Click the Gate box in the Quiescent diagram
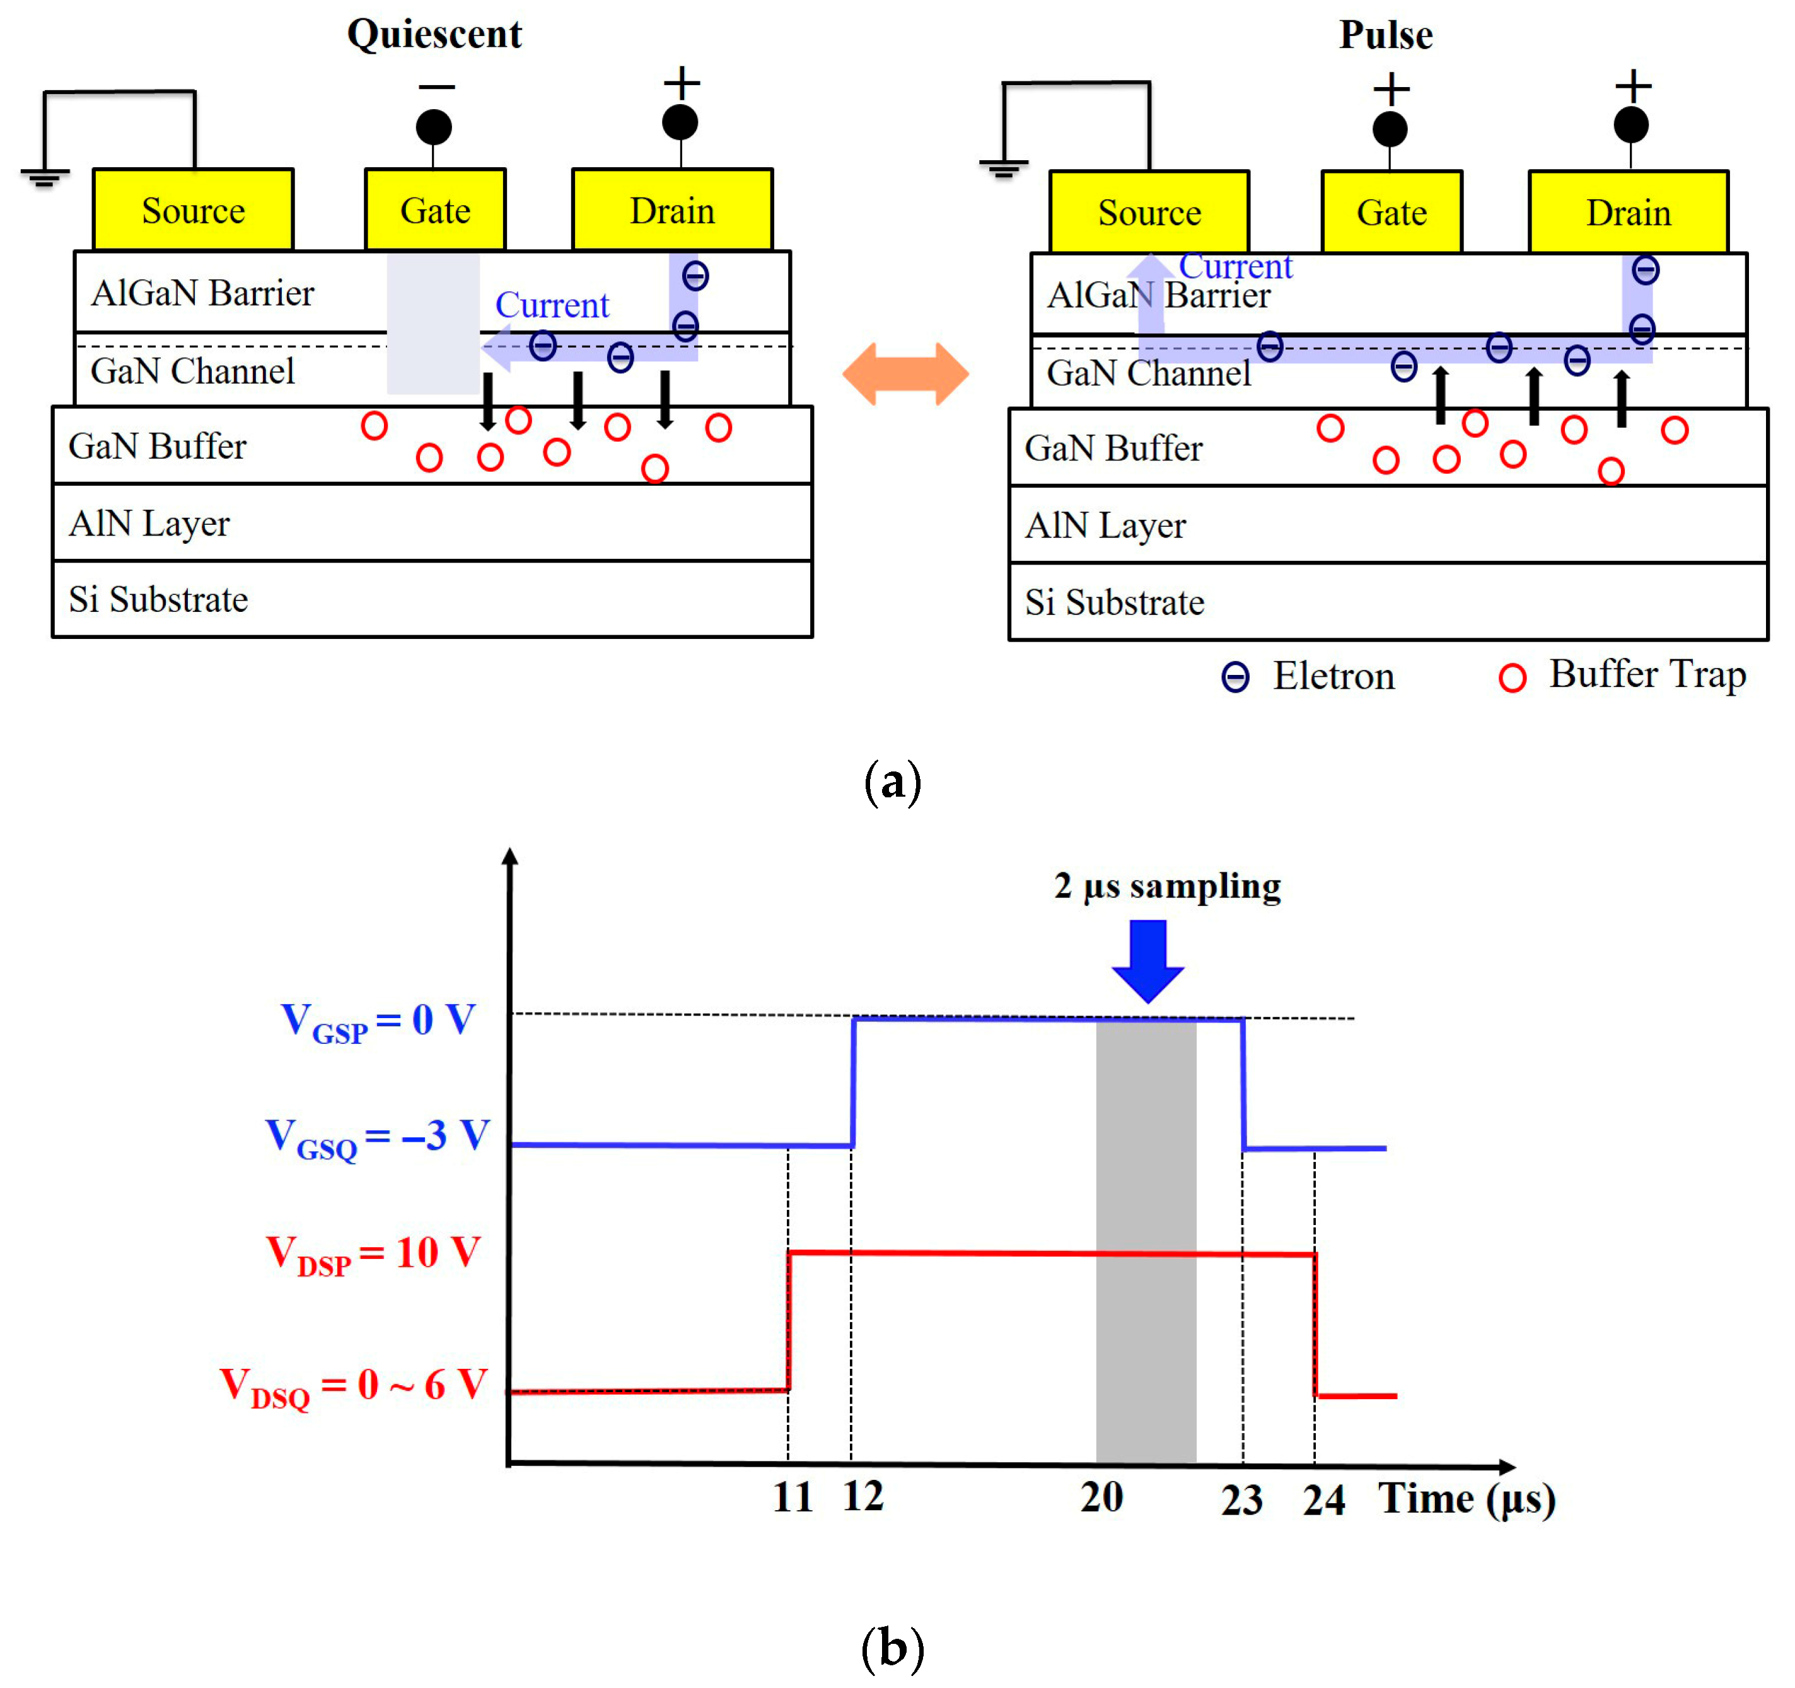coord(435,209)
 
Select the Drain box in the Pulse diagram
coord(1628,212)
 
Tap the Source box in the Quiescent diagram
coord(193,209)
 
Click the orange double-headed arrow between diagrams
coord(905,373)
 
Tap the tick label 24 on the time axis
coord(1323,1499)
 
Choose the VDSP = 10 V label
coord(373,1253)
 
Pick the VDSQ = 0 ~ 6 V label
coord(354,1385)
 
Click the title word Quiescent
coord(434,34)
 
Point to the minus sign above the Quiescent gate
coord(436,86)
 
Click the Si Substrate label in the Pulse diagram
coord(1114,602)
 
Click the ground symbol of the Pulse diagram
coord(1003,167)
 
